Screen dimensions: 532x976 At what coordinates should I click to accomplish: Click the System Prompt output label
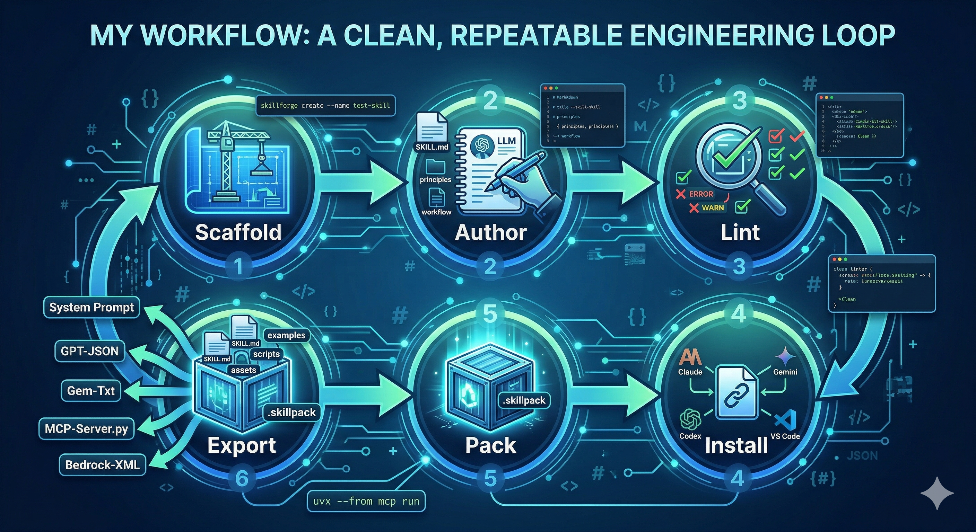point(91,307)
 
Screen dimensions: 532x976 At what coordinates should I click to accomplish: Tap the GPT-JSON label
point(90,351)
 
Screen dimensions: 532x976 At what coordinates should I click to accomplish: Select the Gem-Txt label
point(90,390)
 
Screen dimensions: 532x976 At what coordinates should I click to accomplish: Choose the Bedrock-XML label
point(102,464)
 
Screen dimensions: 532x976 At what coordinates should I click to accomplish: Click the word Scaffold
point(238,232)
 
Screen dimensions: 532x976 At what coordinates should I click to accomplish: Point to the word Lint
point(740,232)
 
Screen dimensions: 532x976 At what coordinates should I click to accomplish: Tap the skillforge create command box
point(325,105)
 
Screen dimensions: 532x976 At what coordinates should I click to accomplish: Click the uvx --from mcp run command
point(366,501)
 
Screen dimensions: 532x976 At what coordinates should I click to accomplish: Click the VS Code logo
point(785,420)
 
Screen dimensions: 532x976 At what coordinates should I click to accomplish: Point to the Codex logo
point(690,419)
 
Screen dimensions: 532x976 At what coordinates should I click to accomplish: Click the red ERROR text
point(701,194)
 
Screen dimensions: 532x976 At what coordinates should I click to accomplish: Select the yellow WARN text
point(713,207)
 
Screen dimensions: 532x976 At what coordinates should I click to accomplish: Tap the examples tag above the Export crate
point(286,335)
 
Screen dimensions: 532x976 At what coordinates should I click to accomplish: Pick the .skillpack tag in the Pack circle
point(524,400)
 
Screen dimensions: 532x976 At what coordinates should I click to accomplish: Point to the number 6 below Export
point(242,479)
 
